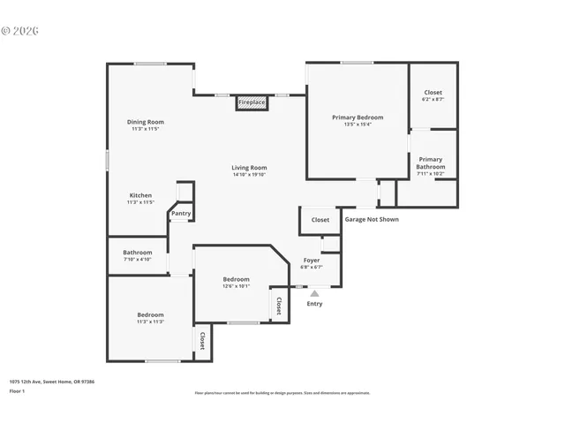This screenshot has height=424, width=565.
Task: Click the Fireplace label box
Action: coord(252,103)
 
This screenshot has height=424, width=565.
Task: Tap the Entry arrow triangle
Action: coord(314,293)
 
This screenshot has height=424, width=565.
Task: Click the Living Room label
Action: coord(249,168)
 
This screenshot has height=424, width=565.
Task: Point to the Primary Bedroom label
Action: coord(358,117)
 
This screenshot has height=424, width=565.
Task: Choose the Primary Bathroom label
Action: coord(431,163)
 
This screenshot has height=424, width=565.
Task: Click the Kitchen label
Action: coord(140,195)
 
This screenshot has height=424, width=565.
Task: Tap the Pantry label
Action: coord(181,213)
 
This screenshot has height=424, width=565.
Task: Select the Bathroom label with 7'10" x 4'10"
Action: coord(138,253)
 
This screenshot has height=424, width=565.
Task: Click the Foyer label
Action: coord(312,261)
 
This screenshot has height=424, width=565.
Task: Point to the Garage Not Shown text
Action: coord(371,220)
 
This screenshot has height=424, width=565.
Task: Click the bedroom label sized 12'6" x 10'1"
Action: coord(236,279)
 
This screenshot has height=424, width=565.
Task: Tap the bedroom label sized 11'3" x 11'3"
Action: coord(150,315)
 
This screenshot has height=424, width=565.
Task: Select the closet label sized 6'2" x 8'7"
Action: coord(433,93)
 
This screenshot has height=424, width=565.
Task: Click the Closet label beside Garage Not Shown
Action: coord(320,220)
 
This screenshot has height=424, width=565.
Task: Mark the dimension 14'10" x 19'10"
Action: coord(249,175)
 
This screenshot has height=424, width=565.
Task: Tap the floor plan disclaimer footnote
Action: coord(282,393)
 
